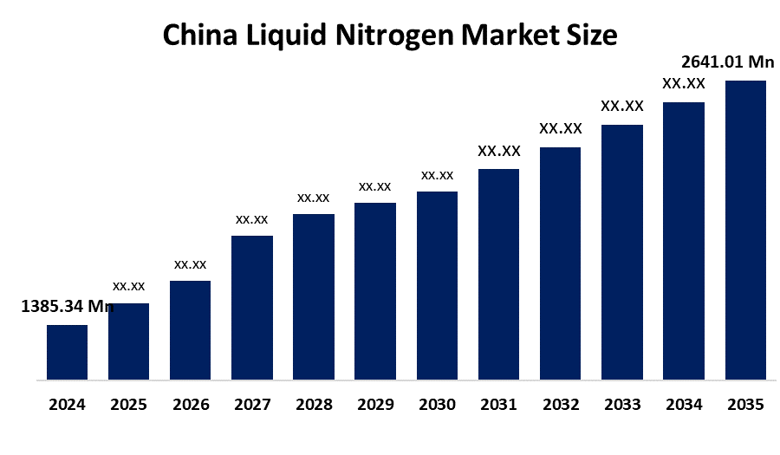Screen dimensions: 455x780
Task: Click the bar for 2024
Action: pyautogui.click(x=67, y=352)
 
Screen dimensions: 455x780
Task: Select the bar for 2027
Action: pyautogui.click(x=252, y=308)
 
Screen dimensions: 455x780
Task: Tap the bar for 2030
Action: pyautogui.click(x=437, y=285)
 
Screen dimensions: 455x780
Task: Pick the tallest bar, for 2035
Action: pyautogui.click(x=745, y=230)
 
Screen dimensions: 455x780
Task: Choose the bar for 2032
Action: pyautogui.click(x=560, y=263)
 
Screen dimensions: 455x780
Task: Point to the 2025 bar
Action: pyautogui.click(x=128, y=341)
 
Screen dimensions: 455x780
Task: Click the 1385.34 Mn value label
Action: pyautogui.click(x=67, y=306)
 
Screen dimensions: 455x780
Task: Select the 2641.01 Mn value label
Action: pyautogui.click(x=728, y=62)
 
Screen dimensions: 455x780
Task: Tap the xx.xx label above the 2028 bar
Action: pyautogui.click(x=314, y=198)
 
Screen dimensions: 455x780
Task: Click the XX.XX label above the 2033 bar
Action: pyautogui.click(x=622, y=106)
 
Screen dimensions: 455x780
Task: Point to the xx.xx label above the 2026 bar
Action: pyautogui.click(x=191, y=263)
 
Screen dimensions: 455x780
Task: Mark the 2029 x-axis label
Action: pyautogui.click(x=375, y=405)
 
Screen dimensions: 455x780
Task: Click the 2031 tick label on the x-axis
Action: pyautogui.click(x=498, y=405)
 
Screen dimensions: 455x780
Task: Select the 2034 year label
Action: pyautogui.click(x=684, y=405)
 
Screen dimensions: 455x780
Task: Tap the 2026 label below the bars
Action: pyautogui.click(x=191, y=405)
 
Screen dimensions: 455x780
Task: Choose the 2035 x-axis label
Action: pyautogui.click(x=745, y=405)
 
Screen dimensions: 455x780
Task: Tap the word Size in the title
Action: pyautogui.click(x=592, y=36)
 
